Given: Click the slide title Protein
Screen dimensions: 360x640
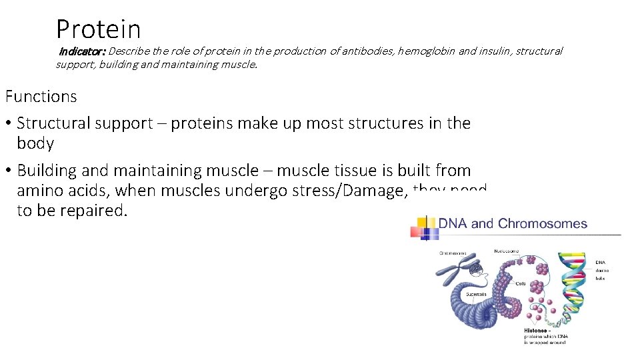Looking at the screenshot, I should coord(99,29).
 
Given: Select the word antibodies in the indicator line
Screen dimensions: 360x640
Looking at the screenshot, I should coord(369,51).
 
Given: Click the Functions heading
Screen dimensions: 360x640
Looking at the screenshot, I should coord(41,97).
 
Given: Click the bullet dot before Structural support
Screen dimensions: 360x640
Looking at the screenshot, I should coord(9,124).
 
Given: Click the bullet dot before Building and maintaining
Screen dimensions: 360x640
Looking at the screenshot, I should coord(9,171).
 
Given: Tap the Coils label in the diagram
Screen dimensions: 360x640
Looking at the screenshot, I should coord(521,284).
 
